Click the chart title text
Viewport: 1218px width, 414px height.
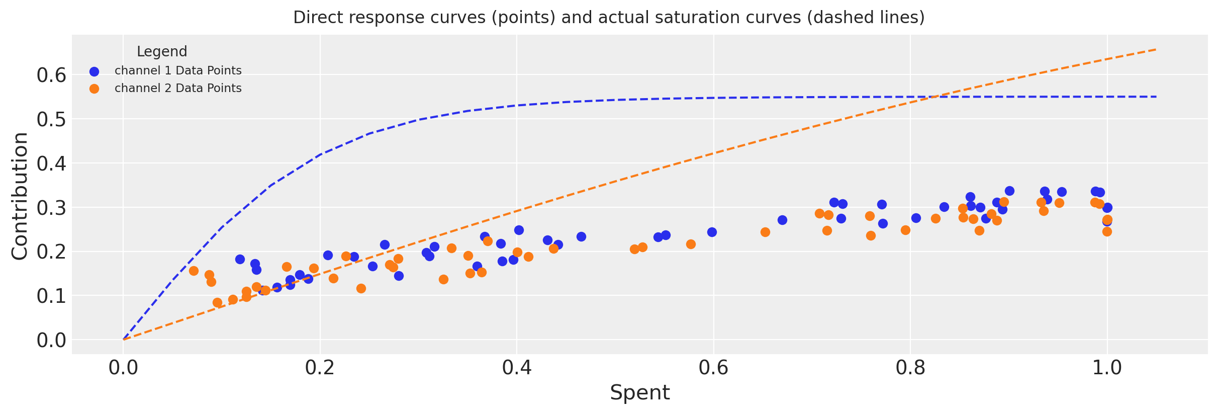tap(609, 18)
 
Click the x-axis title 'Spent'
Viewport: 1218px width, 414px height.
tap(639, 393)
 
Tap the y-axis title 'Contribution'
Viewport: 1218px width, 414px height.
tap(20, 196)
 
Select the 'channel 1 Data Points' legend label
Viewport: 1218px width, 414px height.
tap(178, 71)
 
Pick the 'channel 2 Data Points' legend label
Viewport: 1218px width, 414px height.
tap(178, 89)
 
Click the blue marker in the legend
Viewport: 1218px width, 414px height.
tap(94, 71)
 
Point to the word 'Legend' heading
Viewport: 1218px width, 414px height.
tap(162, 52)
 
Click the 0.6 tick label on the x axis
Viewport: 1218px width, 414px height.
tap(713, 368)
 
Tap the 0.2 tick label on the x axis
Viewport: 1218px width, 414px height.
tap(320, 368)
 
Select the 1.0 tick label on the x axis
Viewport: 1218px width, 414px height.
tap(1107, 368)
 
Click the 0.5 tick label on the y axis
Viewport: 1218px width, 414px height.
tap(51, 119)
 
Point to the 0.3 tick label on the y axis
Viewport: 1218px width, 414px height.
tap(51, 208)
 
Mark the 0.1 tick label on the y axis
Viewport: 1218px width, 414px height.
tap(51, 296)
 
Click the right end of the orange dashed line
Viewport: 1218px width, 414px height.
tap(1156, 49)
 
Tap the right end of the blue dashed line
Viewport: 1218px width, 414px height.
tap(1156, 97)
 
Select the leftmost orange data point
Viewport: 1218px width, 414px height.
tap(194, 271)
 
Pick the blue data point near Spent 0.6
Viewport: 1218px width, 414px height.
tap(712, 232)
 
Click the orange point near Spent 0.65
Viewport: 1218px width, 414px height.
tap(765, 232)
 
